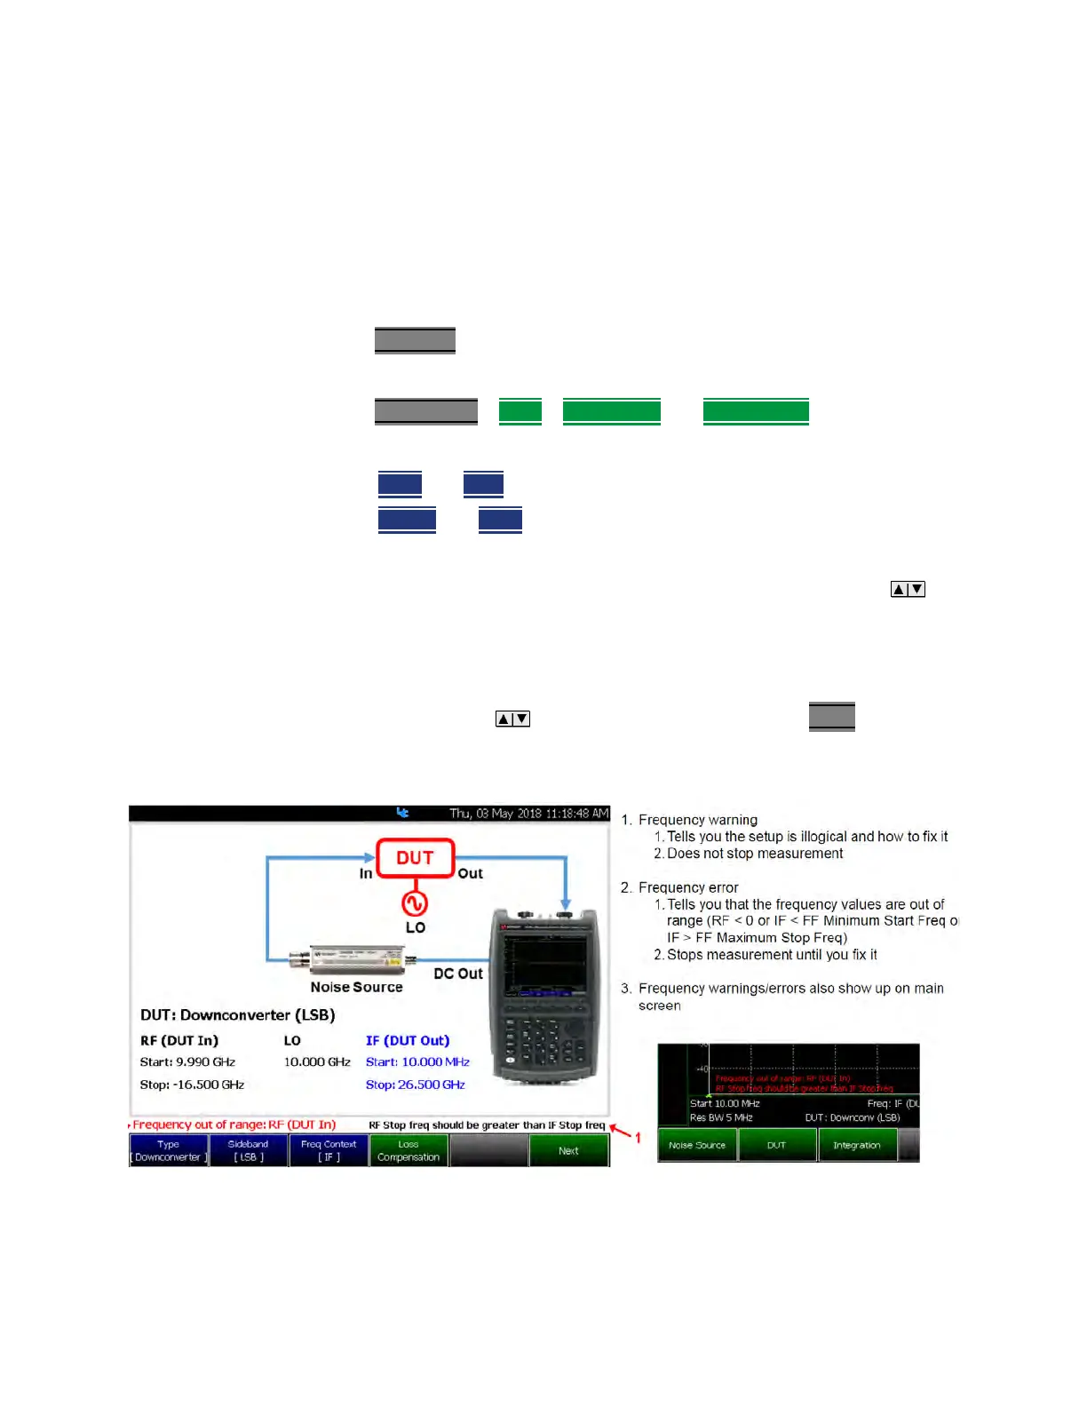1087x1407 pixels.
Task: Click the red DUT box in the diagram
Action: click(415, 858)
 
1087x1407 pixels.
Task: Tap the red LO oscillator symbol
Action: click(415, 903)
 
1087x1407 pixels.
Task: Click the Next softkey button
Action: click(568, 1151)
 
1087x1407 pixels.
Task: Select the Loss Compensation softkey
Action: click(409, 1151)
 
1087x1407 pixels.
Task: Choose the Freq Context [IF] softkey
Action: click(329, 1151)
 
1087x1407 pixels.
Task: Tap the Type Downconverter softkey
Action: click(169, 1151)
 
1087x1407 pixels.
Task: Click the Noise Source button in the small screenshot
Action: click(697, 1145)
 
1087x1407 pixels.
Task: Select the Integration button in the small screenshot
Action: click(857, 1145)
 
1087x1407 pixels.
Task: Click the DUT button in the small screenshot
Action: click(777, 1145)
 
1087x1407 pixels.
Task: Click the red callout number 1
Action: click(638, 1138)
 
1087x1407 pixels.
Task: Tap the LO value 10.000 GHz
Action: click(317, 1062)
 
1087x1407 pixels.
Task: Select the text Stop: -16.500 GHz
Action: click(192, 1085)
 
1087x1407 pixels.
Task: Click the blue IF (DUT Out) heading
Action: click(408, 1040)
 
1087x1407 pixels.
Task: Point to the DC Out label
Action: click(458, 974)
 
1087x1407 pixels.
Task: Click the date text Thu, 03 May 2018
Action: click(496, 814)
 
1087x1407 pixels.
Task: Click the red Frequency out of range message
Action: click(234, 1125)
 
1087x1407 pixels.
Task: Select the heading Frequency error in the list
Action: click(688, 887)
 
